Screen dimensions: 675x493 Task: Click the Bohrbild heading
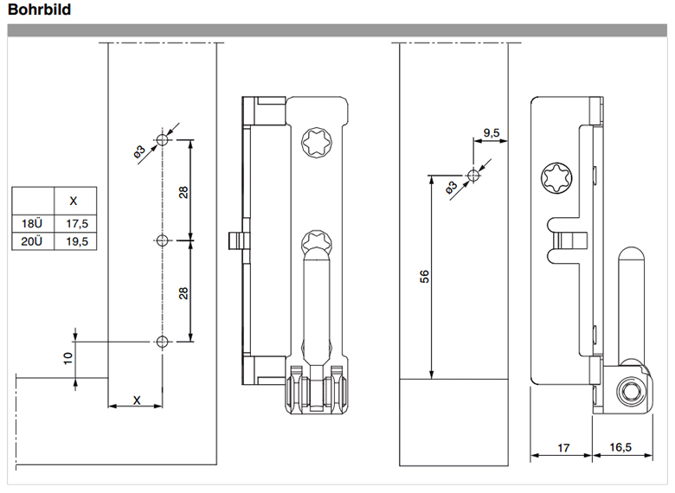pyautogui.click(x=39, y=10)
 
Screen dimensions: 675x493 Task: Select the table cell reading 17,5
pyautogui.click(x=77, y=224)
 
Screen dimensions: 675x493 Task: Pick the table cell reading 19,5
pyautogui.click(x=77, y=241)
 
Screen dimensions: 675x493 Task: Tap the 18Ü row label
pyautogui.click(x=32, y=224)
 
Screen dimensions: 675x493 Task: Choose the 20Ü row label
pyautogui.click(x=32, y=241)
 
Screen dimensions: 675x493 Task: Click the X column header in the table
pyautogui.click(x=74, y=201)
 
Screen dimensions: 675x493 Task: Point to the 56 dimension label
pyautogui.click(x=424, y=276)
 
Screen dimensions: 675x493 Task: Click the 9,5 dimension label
pyautogui.click(x=492, y=132)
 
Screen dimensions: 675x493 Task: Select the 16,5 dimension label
pyautogui.click(x=620, y=447)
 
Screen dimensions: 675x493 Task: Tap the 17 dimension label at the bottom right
pyautogui.click(x=563, y=448)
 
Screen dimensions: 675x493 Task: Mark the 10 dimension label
pyautogui.click(x=68, y=358)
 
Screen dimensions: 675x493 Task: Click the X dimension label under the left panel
pyautogui.click(x=137, y=400)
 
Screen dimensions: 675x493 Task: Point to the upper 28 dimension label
pyautogui.click(x=183, y=192)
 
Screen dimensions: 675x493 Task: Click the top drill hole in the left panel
pyautogui.click(x=163, y=139)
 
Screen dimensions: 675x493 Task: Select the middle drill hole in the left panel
pyautogui.click(x=163, y=240)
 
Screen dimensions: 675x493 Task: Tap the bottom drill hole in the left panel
pyautogui.click(x=163, y=342)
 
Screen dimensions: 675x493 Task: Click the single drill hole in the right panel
pyautogui.click(x=473, y=175)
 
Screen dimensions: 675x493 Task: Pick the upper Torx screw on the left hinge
pyautogui.click(x=317, y=143)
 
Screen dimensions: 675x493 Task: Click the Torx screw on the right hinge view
pyautogui.click(x=556, y=177)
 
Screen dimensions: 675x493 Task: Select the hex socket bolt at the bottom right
pyautogui.click(x=630, y=392)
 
